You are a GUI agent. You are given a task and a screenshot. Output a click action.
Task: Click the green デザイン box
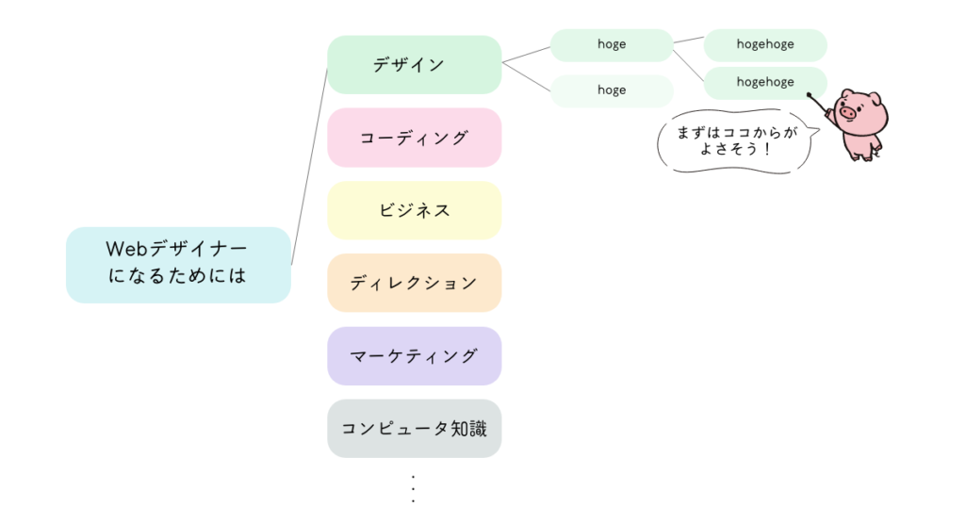coord(414,65)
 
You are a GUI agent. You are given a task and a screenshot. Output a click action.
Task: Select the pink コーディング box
coord(414,138)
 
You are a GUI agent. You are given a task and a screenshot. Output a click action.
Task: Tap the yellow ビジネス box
coord(414,210)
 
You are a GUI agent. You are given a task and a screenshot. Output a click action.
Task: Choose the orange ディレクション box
coord(414,283)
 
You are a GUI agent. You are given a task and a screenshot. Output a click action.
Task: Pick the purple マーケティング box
coord(414,356)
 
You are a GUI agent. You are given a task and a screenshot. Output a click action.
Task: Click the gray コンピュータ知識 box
coord(414,429)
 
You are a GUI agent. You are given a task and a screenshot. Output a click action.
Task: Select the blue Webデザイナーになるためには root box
coord(178,264)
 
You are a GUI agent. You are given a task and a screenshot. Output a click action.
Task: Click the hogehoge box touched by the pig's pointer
coord(765,83)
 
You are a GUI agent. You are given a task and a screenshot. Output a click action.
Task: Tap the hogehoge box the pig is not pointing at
coord(765,44)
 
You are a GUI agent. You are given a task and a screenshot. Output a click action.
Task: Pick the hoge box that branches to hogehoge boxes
coord(612,44)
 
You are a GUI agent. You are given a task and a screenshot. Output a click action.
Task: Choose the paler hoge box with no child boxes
coord(612,90)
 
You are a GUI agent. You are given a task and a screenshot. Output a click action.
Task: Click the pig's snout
coord(847,114)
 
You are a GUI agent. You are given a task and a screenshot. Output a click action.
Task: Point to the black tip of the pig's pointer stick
coord(810,94)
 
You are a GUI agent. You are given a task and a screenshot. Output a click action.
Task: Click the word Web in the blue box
coord(123,251)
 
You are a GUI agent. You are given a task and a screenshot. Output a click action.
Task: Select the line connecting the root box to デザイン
coord(309,166)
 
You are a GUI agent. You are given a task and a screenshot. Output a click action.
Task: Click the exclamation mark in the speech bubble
coord(770,150)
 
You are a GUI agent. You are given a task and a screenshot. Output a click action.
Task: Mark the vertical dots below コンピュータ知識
coord(414,488)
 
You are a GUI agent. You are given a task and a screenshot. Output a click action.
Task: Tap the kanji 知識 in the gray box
coord(479,429)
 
